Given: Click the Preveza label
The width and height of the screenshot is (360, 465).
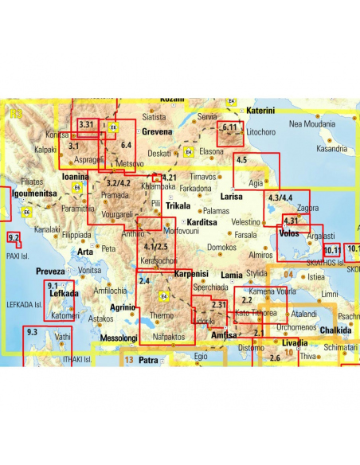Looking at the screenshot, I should click(x=49, y=272).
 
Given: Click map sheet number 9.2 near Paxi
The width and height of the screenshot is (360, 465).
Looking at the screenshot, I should click(x=13, y=238).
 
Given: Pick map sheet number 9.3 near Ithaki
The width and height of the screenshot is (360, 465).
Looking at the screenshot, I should click(x=32, y=331).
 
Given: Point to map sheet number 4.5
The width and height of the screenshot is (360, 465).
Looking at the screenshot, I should click(x=243, y=162).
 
